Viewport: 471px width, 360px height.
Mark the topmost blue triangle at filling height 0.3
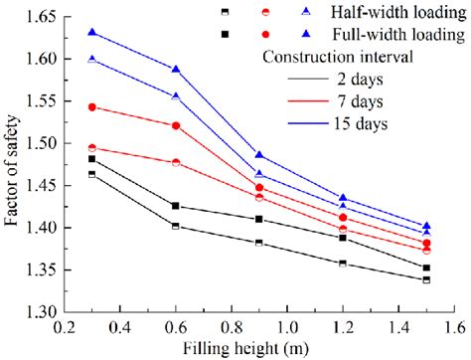[92, 32]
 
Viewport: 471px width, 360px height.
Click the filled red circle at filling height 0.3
[92, 106]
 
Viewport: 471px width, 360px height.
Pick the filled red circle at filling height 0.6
[176, 125]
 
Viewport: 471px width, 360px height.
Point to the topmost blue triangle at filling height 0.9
[259, 155]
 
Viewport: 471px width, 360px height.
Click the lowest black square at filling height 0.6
[176, 226]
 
